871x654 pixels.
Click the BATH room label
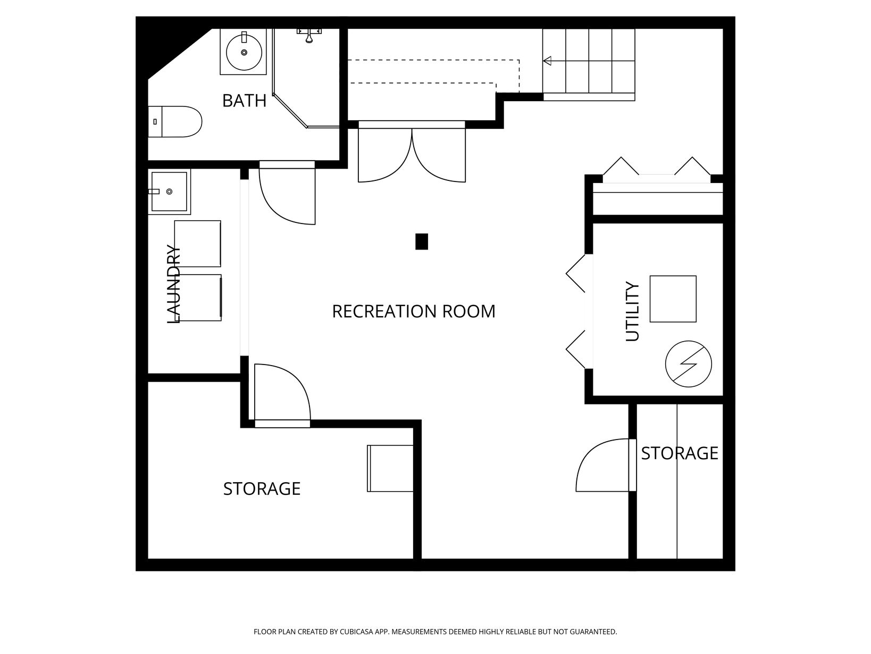coord(244,101)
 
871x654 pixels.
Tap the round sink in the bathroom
coord(244,52)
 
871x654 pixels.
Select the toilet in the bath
coord(175,121)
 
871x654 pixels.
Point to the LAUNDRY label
coord(173,284)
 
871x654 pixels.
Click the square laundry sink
coord(169,192)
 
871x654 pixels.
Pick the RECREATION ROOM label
coord(414,311)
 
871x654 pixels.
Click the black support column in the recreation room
coord(422,242)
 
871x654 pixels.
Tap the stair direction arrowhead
coord(547,61)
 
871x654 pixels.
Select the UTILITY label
coord(632,311)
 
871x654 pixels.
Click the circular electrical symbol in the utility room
coord(689,364)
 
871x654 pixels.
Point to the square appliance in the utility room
coord(673,299)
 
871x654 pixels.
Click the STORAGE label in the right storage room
coord(680,453)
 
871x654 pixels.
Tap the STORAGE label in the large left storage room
coord(262,489)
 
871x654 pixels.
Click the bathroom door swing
coord(287,193)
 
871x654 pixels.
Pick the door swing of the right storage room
coord(606,465)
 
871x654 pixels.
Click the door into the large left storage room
coord(282,395)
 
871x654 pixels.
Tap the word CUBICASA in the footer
coord(356,632)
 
